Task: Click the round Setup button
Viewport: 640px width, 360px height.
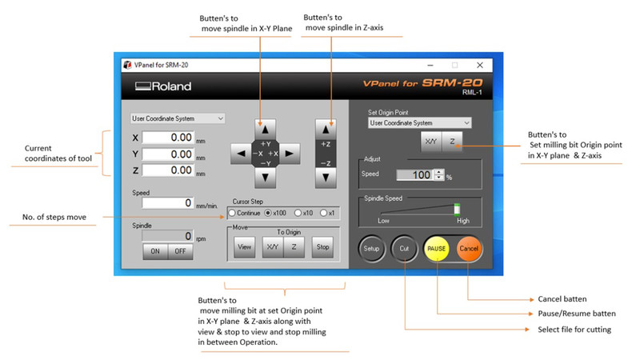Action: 371,249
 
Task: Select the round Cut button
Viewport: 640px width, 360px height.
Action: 404,249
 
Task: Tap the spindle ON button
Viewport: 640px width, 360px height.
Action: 154,251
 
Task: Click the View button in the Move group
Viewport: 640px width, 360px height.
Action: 244,247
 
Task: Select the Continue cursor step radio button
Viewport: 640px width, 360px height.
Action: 233,214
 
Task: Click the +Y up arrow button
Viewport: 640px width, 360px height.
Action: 264,127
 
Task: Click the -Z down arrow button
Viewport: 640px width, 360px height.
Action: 324,178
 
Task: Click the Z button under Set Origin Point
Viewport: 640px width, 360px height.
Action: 451,141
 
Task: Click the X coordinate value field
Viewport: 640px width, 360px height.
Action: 170,138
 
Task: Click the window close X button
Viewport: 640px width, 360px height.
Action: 479,65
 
